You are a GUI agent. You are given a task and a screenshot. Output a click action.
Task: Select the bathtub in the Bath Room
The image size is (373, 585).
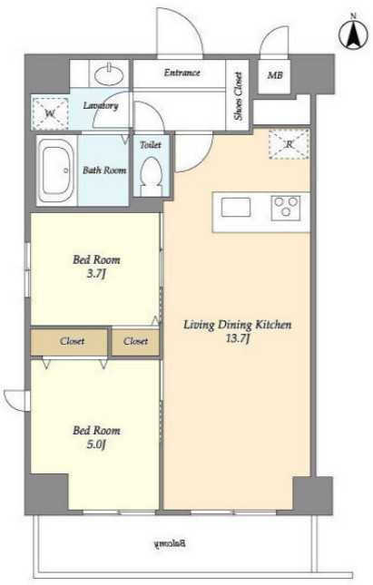point(57,171)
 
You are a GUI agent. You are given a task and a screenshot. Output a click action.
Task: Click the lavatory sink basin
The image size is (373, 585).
point(109,74)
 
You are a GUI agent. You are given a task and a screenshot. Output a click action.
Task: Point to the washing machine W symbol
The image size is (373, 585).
point(50,113)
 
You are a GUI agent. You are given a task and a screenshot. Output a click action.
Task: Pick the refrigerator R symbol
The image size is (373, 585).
point(289,144)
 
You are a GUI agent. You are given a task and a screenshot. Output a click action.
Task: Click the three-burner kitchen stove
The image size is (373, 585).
point(286,208)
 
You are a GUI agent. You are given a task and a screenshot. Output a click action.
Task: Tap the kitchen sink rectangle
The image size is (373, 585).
point(236,208)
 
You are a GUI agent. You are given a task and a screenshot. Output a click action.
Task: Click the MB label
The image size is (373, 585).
point(275,75)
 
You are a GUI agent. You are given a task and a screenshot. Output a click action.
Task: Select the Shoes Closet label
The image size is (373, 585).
point(238,96)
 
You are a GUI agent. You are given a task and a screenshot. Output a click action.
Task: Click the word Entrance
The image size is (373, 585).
point(182,73)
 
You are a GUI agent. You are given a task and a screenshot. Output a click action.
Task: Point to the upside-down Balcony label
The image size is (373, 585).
point(170,543)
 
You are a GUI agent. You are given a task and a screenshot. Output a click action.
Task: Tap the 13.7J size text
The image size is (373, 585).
point(238,339)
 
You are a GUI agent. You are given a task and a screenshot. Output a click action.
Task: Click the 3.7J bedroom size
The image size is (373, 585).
point(96,274)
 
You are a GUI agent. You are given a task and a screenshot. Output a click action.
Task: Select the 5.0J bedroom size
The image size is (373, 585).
point(96,444)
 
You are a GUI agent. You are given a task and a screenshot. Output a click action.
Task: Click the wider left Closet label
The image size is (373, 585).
point(72,341)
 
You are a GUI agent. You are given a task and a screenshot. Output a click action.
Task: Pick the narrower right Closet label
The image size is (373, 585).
point(135,341)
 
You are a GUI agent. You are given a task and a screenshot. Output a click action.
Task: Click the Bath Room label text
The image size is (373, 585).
point(104,171)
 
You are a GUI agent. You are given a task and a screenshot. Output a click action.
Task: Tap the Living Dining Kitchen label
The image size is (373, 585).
point(238,325)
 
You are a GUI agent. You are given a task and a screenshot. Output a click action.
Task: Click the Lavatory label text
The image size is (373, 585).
point(101,106)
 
